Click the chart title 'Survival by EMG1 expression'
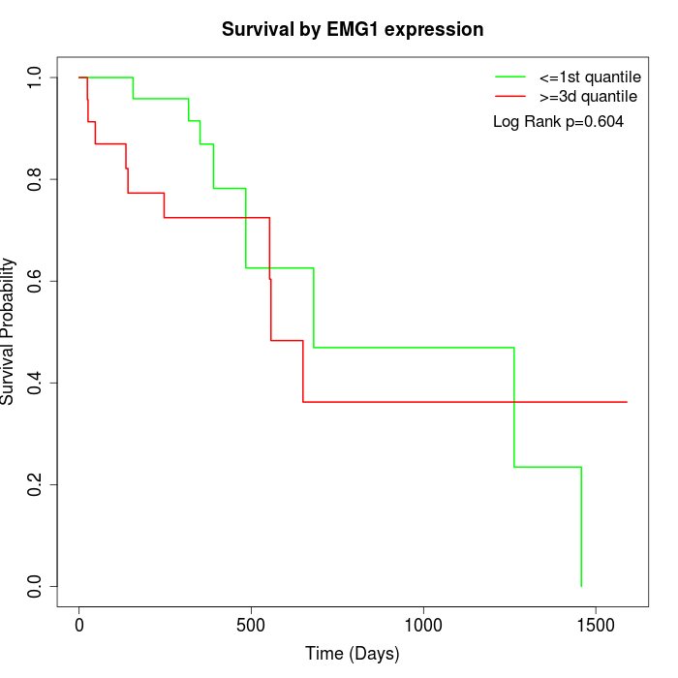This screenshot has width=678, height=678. [353, 29]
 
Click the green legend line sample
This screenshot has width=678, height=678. [510, 77]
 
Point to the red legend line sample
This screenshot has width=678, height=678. [510, 97]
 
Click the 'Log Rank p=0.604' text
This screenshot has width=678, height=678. [558, 122]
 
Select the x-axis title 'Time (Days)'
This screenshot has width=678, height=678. [352, 654]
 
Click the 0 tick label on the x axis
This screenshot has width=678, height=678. [79, 625]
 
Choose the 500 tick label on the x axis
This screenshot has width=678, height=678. [251, 625]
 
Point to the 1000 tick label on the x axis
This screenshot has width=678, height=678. [423, 625]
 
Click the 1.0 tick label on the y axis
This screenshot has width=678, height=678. [35, 77]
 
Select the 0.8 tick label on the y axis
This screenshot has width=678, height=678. [35, 179]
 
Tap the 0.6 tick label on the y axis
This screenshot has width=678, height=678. [35, 281]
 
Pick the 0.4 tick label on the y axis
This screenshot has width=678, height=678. [35, 383]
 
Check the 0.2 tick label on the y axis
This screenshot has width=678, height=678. [35, 484]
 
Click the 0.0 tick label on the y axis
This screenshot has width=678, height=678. [35, 586]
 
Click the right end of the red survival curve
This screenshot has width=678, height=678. [627, 402]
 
